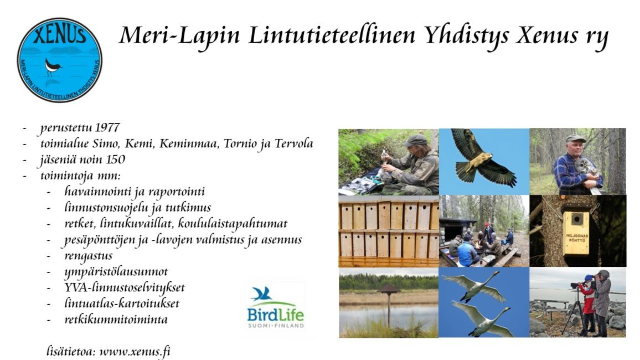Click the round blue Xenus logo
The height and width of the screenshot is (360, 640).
click(60, 60)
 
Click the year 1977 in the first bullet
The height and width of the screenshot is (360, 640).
click(107, 127)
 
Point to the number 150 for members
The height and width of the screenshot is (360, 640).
click(115, 160)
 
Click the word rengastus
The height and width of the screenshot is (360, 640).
click(88, 256)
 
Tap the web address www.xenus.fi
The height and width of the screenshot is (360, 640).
click(135, 352)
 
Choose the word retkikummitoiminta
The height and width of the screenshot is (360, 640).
click(116, 319)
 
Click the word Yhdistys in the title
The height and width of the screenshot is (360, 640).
click(467, 36)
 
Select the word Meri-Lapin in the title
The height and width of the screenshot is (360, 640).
click(179, 36)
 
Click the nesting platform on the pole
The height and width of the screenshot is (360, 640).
click(389, 290)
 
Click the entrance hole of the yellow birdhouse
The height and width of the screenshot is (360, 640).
click(576, 219)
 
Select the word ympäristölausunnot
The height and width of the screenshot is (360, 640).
click(116, 272)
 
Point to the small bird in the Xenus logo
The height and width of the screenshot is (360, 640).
click(52, 66)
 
